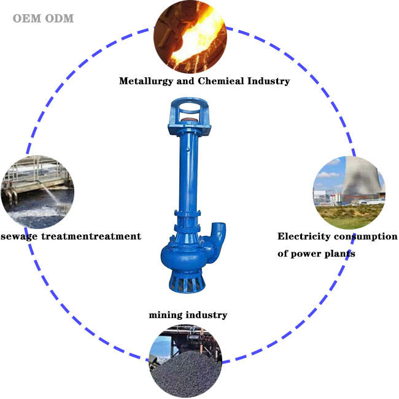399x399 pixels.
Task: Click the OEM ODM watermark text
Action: coord(43,18)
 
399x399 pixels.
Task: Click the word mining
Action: coord(166,315)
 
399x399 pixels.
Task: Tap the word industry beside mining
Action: coord(207,315)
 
